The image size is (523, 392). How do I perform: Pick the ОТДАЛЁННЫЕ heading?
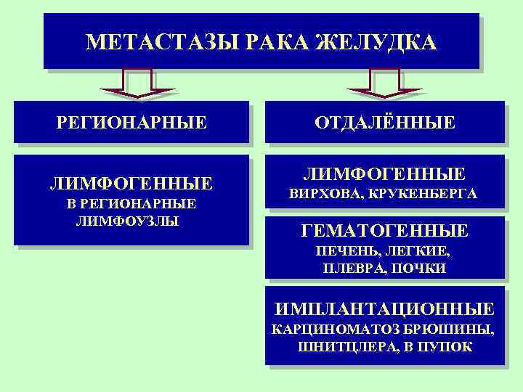point(385,122)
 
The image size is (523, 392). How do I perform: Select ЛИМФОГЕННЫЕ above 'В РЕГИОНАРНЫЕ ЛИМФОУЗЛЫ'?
point(131,182)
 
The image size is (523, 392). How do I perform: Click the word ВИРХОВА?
point(326,195)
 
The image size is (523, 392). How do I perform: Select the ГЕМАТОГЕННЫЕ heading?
point(384,232)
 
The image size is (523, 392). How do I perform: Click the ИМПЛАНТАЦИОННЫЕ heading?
point(384,308)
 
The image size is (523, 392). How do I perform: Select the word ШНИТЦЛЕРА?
point(343,346)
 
